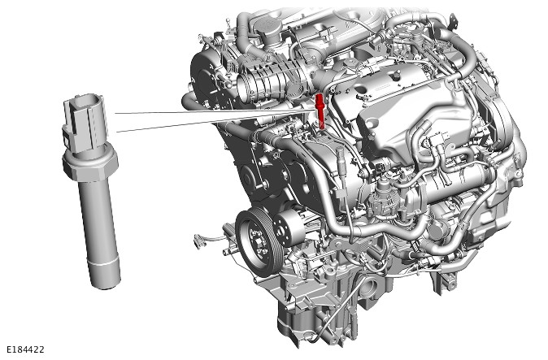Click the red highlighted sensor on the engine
pyautogui.click(x=320, y=111)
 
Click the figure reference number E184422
pyautogui.click(x=25, y=349)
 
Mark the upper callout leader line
pyautogui.click(x=215, y=111)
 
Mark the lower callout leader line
pyautogui.click(x=215, y=123)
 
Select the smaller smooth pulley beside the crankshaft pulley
pyautogui.click(x=288, y=228)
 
